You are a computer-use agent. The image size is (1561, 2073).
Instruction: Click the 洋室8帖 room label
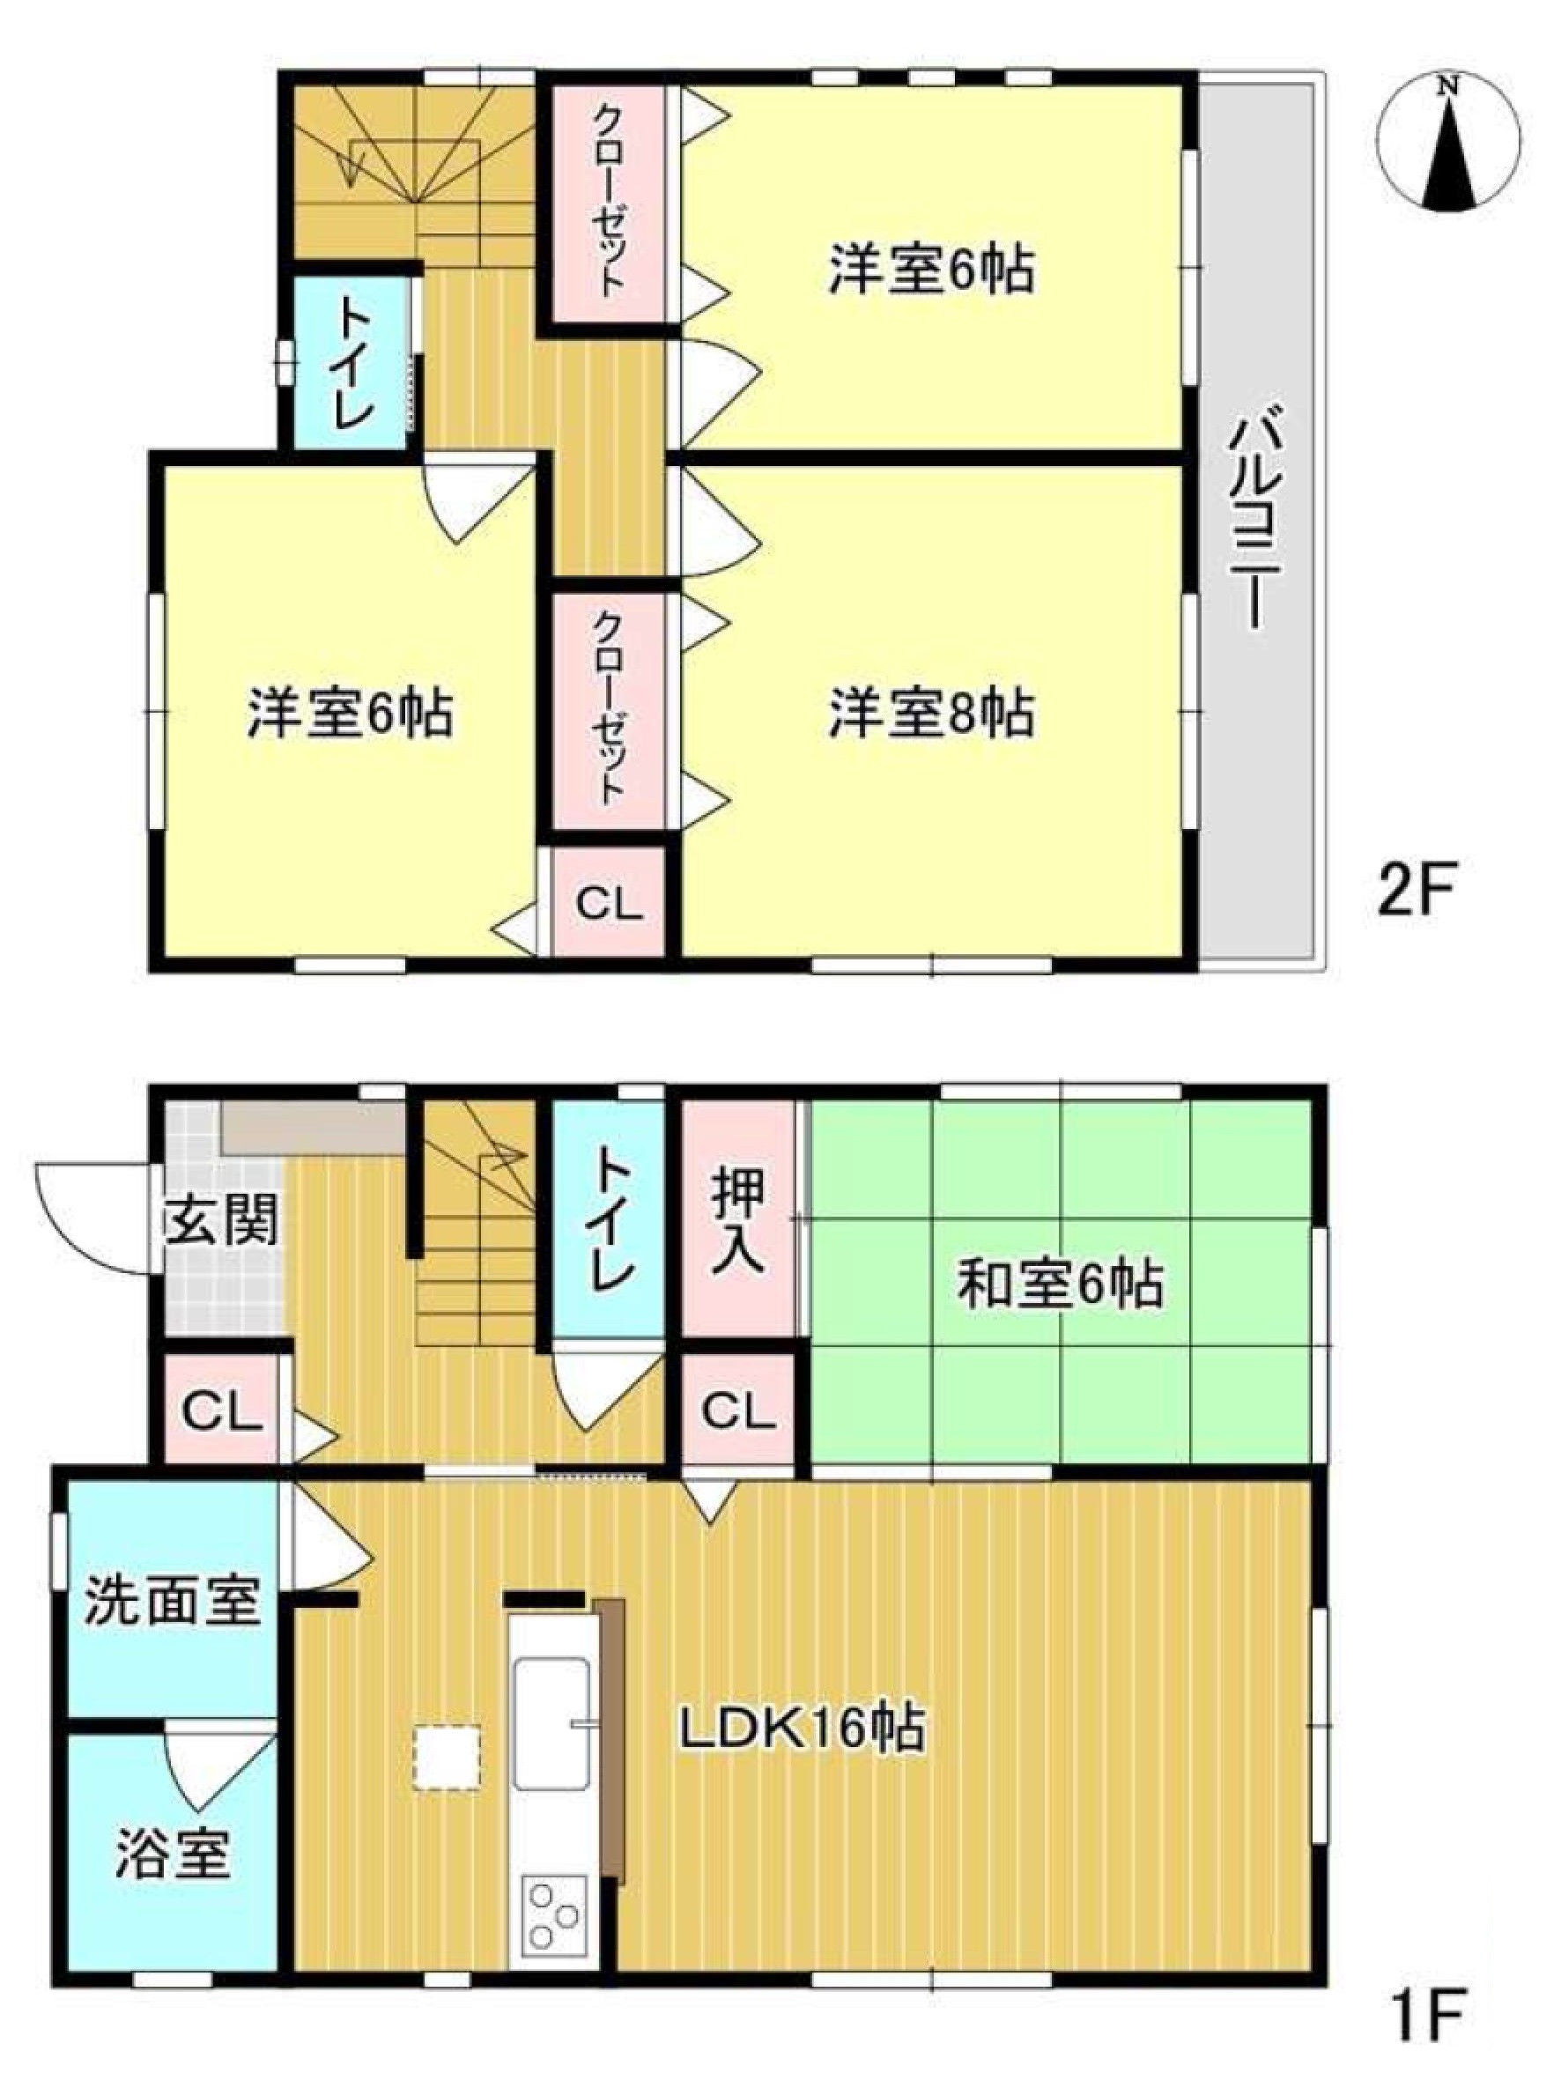click(x=930, y=714)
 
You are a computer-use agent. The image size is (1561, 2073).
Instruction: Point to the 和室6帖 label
click(x=1060, y=1285)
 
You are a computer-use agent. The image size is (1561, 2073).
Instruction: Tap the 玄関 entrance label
click(x=223, y=1221)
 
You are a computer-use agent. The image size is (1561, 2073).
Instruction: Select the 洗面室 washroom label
click(x=173, y=1603)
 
